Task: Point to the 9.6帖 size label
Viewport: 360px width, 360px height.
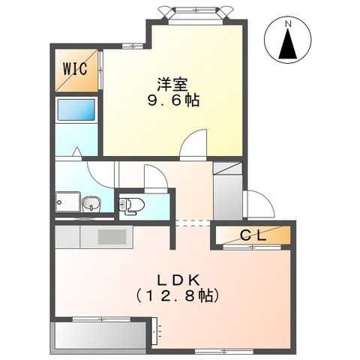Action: [x=173, y=100]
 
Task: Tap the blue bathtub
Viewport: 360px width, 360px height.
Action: [x=76, y=110]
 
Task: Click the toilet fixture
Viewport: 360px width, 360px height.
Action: [x=131, y=204]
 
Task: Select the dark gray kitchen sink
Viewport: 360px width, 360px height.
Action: [x=112, y=237]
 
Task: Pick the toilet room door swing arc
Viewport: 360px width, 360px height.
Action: [x=154, y=180]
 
